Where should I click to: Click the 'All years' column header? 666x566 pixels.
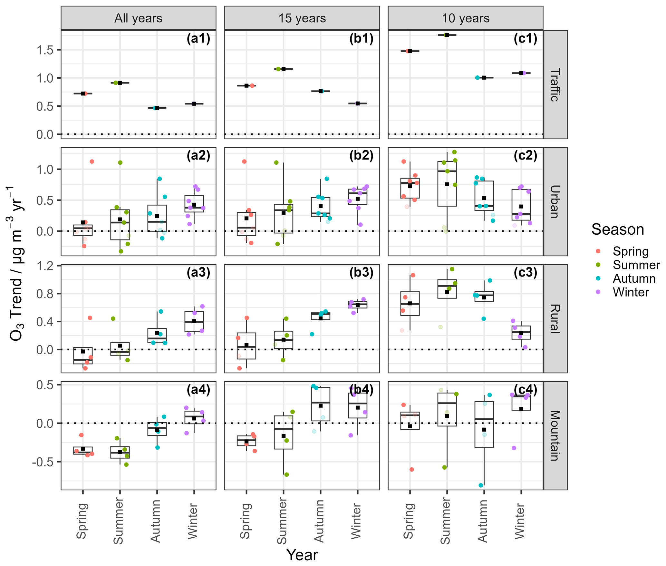click(x=138, y=18)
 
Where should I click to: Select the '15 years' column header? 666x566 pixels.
click(x=302, y=18)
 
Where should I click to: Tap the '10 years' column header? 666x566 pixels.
click(x=465, y=18)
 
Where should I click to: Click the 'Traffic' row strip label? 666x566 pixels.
click(x=555, y=85)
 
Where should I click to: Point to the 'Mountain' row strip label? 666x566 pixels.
click(x=555, y=435)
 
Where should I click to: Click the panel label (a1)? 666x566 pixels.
click(x=198, y=39)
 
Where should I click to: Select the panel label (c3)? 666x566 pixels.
click(x=526, y=273)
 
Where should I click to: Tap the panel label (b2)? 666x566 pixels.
click(x=362, y=156)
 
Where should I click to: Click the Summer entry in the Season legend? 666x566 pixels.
click(x=636, y=265)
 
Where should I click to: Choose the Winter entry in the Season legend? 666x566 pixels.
click(x=630, y=292)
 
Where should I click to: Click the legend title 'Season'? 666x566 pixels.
click(x=617, y=229)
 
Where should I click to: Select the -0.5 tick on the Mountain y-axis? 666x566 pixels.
click(x=43, y=462)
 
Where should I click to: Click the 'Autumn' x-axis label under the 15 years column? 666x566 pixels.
click(x=319, y=521)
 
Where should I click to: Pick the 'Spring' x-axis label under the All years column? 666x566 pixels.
click(x=82, y=521)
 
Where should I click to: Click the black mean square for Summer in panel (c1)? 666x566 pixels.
click(x=447, y=35)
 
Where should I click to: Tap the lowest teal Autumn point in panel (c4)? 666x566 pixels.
click(x=481, y=485)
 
